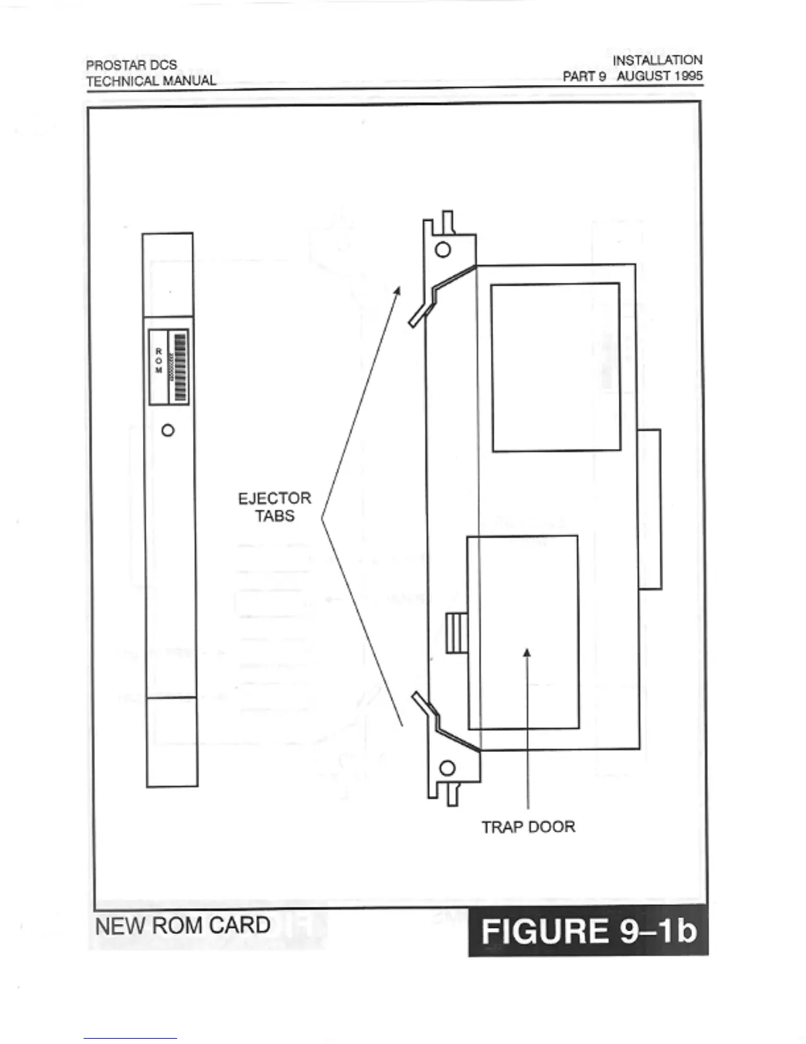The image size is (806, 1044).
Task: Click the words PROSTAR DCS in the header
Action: (131, 65)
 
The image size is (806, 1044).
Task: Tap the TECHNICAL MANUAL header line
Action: (151, 81)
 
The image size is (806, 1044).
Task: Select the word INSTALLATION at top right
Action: (657, 60)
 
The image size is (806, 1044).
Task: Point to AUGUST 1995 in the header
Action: (659, 76)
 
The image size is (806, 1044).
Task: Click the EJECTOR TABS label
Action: (275, 507)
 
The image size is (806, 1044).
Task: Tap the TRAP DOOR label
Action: (528, 826)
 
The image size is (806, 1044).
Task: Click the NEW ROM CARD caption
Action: (182, 925)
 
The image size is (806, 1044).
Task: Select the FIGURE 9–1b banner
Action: (588, 931)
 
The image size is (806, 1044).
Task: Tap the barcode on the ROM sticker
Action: (180, 367)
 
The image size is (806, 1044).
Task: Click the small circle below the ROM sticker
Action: (168, 430)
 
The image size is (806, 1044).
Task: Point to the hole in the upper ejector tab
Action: (443, 250)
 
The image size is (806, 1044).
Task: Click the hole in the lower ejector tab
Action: (447, 768)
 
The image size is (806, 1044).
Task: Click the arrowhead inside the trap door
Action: (526, 652)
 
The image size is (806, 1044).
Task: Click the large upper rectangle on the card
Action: (556, 367)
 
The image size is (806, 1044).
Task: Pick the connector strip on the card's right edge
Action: (649, 509)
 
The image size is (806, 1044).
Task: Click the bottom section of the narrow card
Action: (172, 741)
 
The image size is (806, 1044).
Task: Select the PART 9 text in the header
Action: (583, 76)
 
